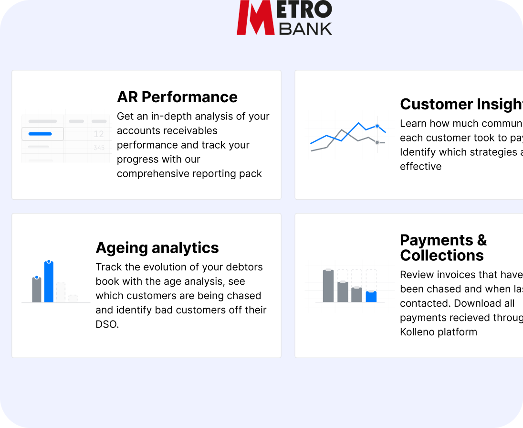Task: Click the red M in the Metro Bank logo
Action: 255,18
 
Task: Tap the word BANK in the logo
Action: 305,28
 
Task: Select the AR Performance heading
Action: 177,97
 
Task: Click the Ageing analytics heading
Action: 157,248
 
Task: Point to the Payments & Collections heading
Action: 443,247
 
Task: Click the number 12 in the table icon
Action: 99,134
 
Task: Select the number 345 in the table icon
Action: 99,148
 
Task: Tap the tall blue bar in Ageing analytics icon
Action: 49,282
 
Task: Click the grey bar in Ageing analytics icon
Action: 37,290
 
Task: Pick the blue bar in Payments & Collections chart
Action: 371,297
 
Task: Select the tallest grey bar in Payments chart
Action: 328,286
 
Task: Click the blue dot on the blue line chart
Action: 377,126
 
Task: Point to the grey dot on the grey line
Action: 377,142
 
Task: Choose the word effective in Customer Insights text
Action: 420,167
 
